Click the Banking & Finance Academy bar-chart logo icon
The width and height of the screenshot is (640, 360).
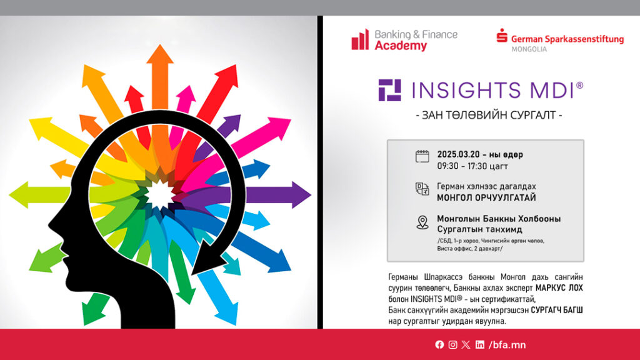[x=360, y=39]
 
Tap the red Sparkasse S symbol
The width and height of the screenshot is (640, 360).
[x=502, y=36]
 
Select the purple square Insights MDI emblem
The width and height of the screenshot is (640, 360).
[x=389, y=90]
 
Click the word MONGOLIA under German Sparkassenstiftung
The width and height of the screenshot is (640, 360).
[x=529, y=49]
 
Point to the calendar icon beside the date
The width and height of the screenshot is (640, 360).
[x=422, y=156]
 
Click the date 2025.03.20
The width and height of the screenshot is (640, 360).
[x=458, y=154]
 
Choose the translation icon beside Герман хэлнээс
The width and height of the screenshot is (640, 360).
[x=422, y=189]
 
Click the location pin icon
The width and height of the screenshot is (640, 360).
[x=422, y=222]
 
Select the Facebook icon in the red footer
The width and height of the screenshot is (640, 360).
[x=439, y=344]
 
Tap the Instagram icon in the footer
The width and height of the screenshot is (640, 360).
[x=452, y=344]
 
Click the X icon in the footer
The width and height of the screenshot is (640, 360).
[x=466, y=344]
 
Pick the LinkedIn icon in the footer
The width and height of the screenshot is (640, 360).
[x=479, y=344]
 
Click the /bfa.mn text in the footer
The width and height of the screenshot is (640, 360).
[x=507, y=345]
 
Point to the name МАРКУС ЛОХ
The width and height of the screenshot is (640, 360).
[x=559, y=287]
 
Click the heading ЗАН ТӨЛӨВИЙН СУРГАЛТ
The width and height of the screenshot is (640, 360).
[x=489, y=115]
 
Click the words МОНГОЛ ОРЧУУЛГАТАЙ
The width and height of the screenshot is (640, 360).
[x=486, y=197]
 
